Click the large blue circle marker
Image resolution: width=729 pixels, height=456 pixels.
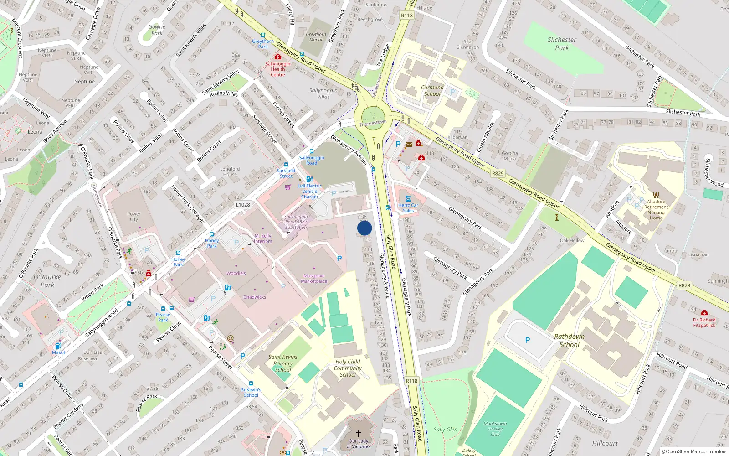(364, 228)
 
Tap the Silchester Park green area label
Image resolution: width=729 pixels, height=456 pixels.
(562, 44)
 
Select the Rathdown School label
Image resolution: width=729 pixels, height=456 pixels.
(569, 340)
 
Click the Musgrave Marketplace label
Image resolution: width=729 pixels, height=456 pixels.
(314, 278)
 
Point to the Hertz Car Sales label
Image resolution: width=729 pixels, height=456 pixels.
(408, 208)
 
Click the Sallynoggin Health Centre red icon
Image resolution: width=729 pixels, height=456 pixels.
(278, 57)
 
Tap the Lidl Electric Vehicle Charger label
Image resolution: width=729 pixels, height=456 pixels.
(310, 191)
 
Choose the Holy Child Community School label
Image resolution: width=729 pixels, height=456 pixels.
(348, 368)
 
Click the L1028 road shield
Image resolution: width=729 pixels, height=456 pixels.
(243, 205)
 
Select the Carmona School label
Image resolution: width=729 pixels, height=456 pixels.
(432, 90)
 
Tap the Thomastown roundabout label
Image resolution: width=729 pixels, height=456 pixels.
(373, 123)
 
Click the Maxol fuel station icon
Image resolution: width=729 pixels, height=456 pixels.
(58, 346)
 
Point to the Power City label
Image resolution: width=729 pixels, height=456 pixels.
(134, 217)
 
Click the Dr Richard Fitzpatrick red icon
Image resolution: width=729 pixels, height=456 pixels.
(704, 313)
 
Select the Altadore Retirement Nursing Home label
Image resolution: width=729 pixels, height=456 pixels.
(656, 210)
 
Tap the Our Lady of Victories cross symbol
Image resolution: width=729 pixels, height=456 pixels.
(359, 434)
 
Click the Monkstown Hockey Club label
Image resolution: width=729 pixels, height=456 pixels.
(495, 429)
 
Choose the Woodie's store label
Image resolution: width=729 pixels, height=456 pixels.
(236, 273)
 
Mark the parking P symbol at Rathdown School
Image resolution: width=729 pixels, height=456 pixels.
(528, 340)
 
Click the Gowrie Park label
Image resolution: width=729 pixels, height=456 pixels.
(157, 30)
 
